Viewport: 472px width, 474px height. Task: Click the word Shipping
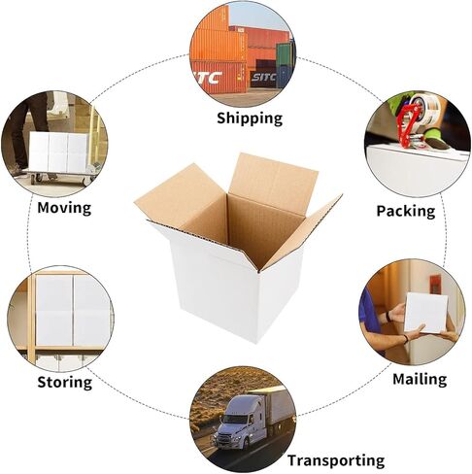pos(250,118)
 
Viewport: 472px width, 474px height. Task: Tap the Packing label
pos(406,211)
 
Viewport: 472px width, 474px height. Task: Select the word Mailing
pos(420,379)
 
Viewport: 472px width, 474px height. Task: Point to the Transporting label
pos(336,460)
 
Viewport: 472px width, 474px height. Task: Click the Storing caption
pos(65,382)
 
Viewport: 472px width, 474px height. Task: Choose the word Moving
pos(64,208)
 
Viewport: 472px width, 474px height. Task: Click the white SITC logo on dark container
pos(263,77)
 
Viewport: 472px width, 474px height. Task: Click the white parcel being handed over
pos(425,313)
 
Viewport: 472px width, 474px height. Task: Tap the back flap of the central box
pos(273,184)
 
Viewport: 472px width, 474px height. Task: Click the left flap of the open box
pos(179,195)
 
